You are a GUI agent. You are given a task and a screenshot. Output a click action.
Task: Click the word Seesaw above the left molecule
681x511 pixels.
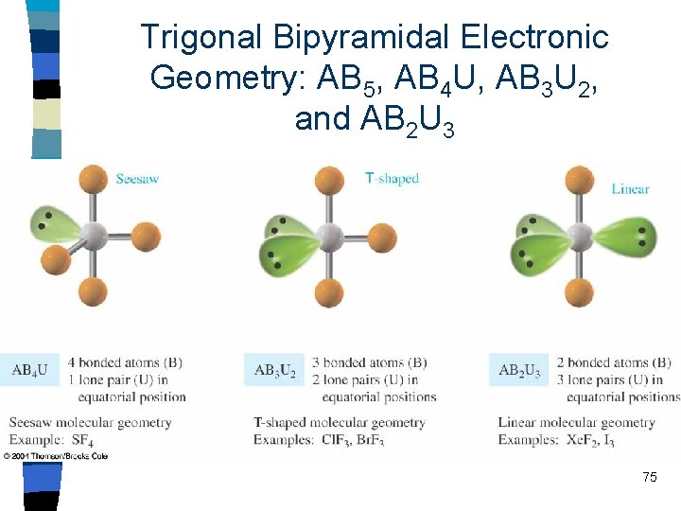coord(137,179)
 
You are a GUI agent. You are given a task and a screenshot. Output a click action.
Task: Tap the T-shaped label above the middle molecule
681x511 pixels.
coord(392,178)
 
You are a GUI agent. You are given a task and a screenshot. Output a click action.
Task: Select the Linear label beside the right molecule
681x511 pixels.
coord(630,188)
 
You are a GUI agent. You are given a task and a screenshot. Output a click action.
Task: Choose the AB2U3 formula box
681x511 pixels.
coord(518,370)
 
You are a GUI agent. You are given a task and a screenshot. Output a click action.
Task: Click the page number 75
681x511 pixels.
coord(649,477)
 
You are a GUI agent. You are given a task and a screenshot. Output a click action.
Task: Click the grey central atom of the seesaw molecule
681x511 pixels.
coord(94,234)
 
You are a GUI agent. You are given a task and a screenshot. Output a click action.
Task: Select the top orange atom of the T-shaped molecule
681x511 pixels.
coord(329,180)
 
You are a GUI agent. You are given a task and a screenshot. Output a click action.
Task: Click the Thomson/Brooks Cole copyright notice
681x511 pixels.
coord(55,456)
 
